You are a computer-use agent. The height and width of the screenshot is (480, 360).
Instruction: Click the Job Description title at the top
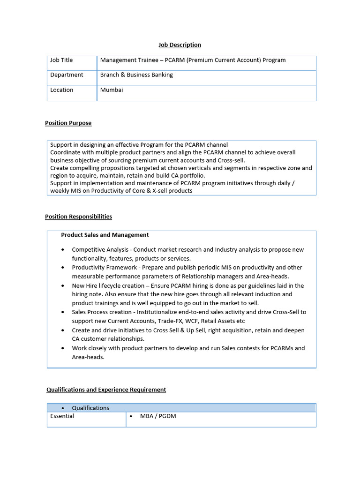[x=180, y=45]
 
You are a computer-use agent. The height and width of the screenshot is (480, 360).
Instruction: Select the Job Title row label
[x=61, y=60]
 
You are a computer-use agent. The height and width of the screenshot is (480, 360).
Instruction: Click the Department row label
[x=67, y=75]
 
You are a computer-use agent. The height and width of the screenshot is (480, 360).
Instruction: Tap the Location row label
[x=62, y=90]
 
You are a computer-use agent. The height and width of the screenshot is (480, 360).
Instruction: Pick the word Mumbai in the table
[x=112, y=90]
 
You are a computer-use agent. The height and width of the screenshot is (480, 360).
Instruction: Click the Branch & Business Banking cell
[x=136, y=75]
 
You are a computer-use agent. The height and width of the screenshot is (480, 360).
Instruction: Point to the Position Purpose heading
[x=68, y=123]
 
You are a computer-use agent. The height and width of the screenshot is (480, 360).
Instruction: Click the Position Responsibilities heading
[x=78, y=217]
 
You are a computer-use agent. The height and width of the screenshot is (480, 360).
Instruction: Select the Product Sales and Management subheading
[x=105, y=235]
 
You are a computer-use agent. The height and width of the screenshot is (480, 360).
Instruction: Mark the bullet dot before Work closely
[x=62, y=348]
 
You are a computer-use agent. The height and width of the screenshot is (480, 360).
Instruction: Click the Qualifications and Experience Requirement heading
[x=106, y=390]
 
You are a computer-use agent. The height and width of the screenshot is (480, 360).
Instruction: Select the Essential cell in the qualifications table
[x=62, y=416]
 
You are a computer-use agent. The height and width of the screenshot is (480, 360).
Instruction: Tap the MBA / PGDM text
[x=158, y=416]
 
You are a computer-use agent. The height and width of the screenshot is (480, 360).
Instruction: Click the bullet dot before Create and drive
[x=62, y=330]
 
